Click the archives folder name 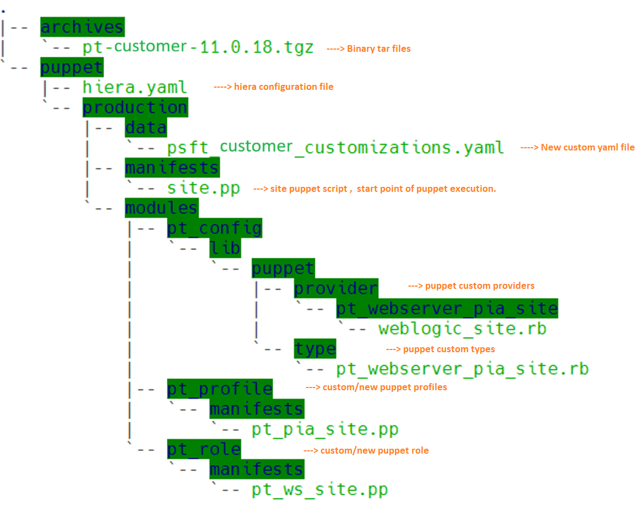tap(82, 27)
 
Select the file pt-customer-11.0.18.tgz tap(198, 47)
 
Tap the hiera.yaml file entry tap(135, 87)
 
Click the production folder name tap(135, 107)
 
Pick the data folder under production tap(145, 128)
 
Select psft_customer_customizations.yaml tap(335, 148)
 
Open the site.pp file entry tap(204, 189)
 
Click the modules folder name tap(161, 208)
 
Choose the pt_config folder tap(215, 228)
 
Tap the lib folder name tap(225, 249)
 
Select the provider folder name tap(336, 288)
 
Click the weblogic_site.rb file tap(462, 329)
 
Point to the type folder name tap(314, 349)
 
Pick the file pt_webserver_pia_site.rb tap(462, 369)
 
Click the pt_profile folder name tap(220, 389)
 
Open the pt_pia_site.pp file tap(325, 429)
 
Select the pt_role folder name tap(204, 449)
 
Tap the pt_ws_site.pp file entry tap(320, 489)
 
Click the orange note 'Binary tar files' tap(378, 49)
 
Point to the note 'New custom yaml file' tap(587, 147)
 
